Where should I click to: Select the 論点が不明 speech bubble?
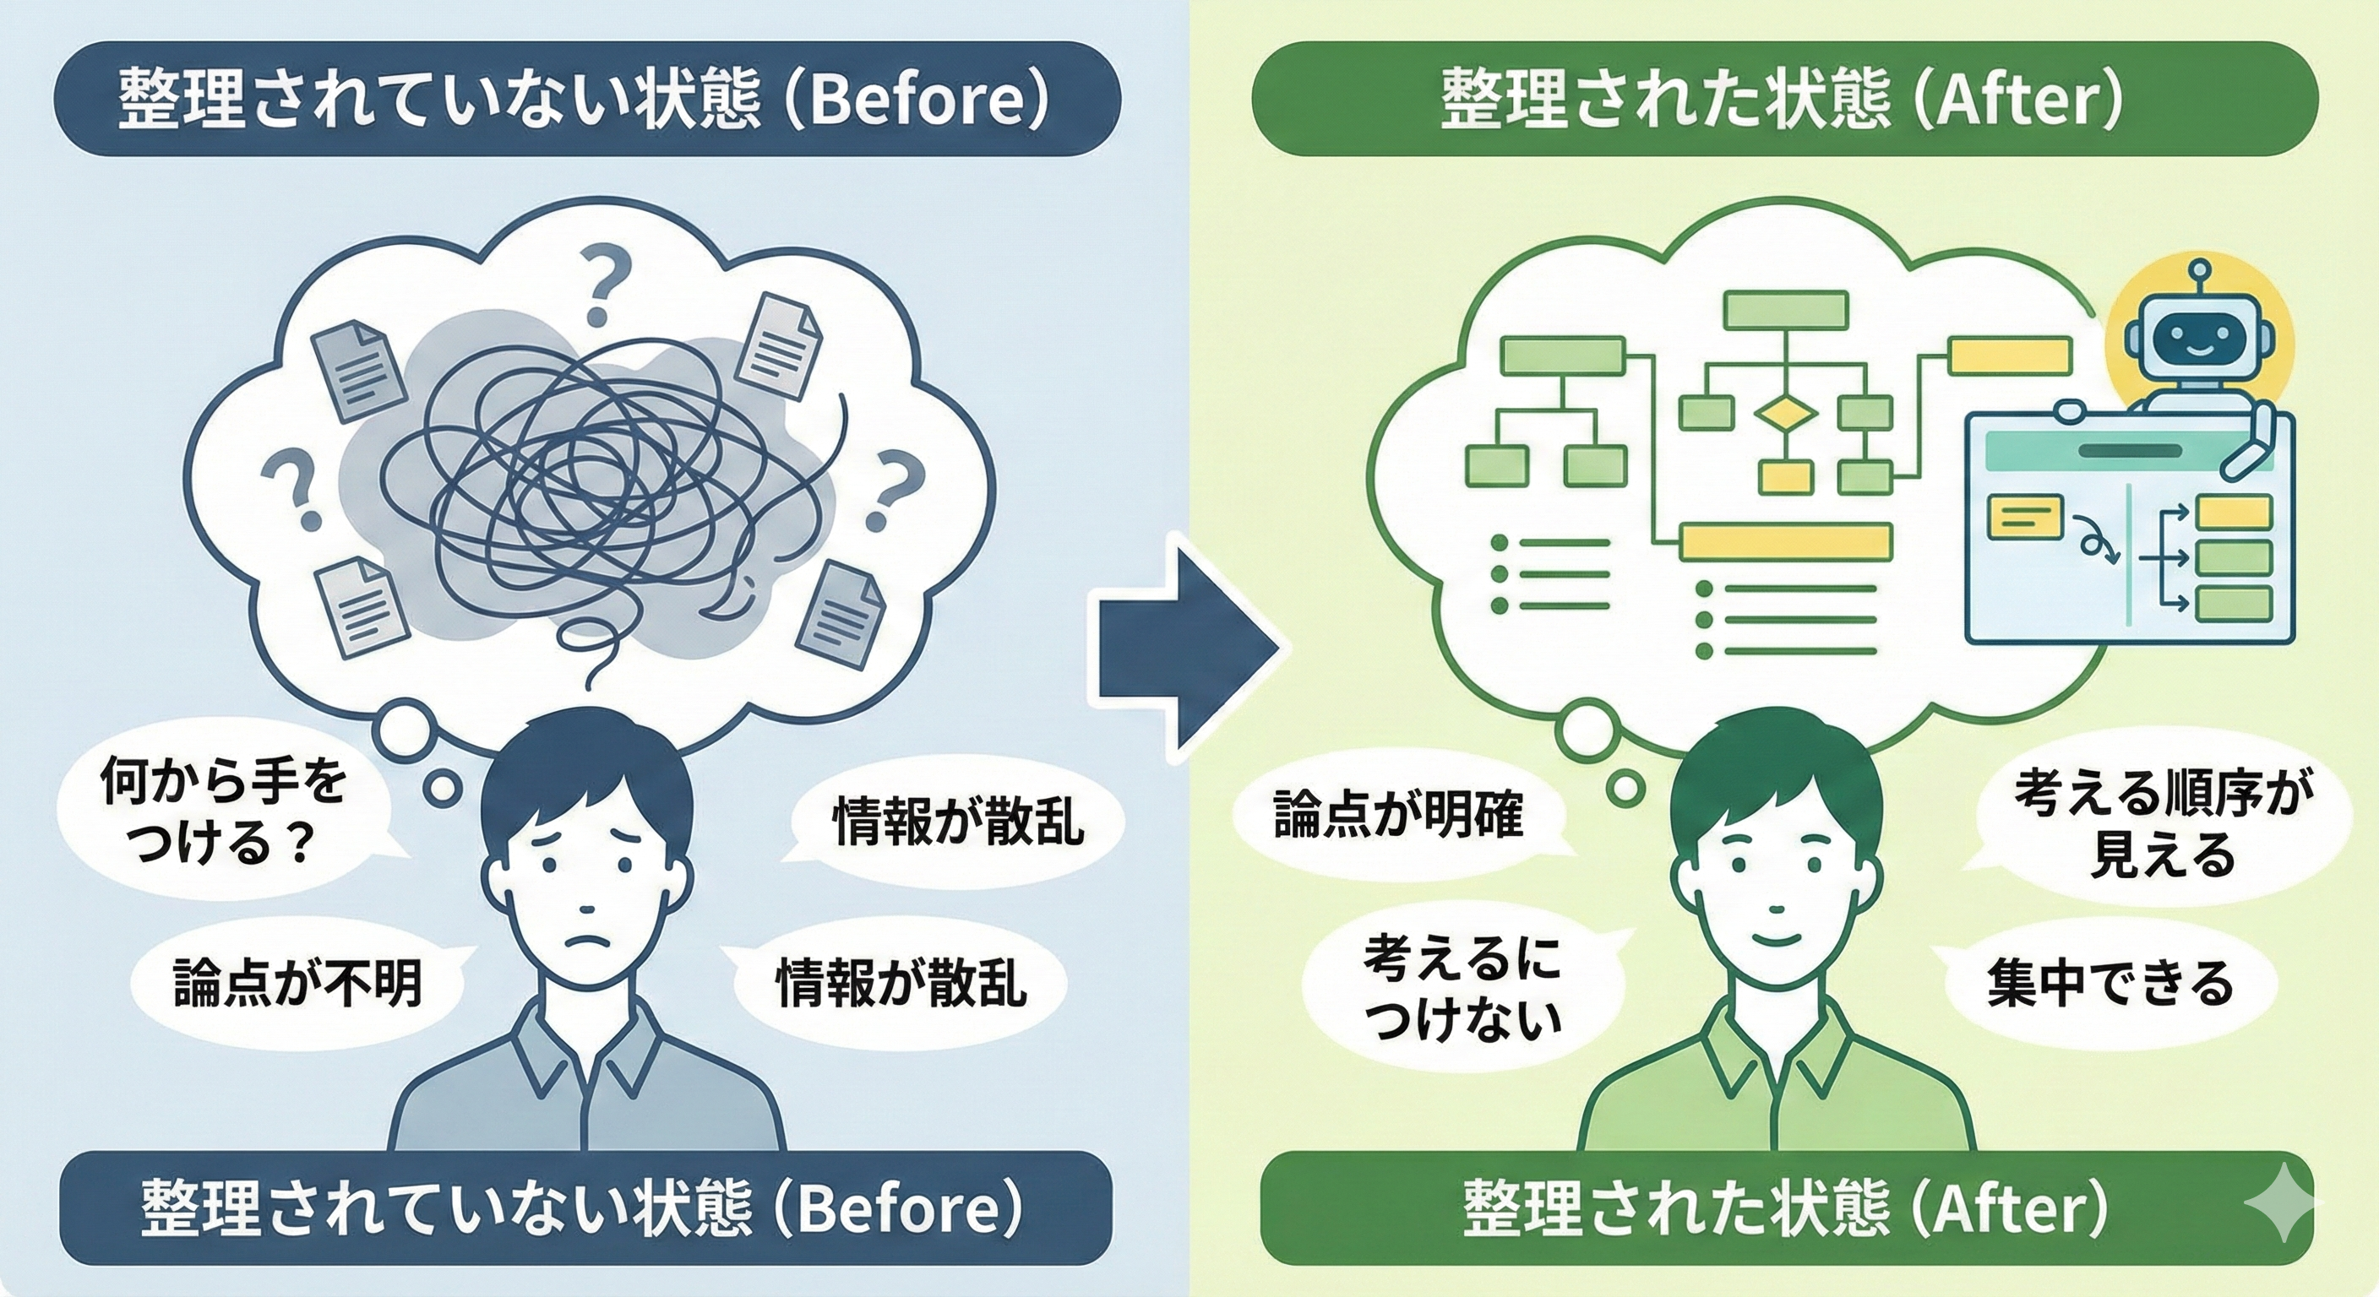coord(297,983)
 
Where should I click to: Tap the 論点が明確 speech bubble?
coord(1396,814)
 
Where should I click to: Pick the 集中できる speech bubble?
coord(2110,983)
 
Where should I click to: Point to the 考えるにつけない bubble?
coord(1461,990)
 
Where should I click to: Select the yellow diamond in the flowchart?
coord(1784,415)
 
